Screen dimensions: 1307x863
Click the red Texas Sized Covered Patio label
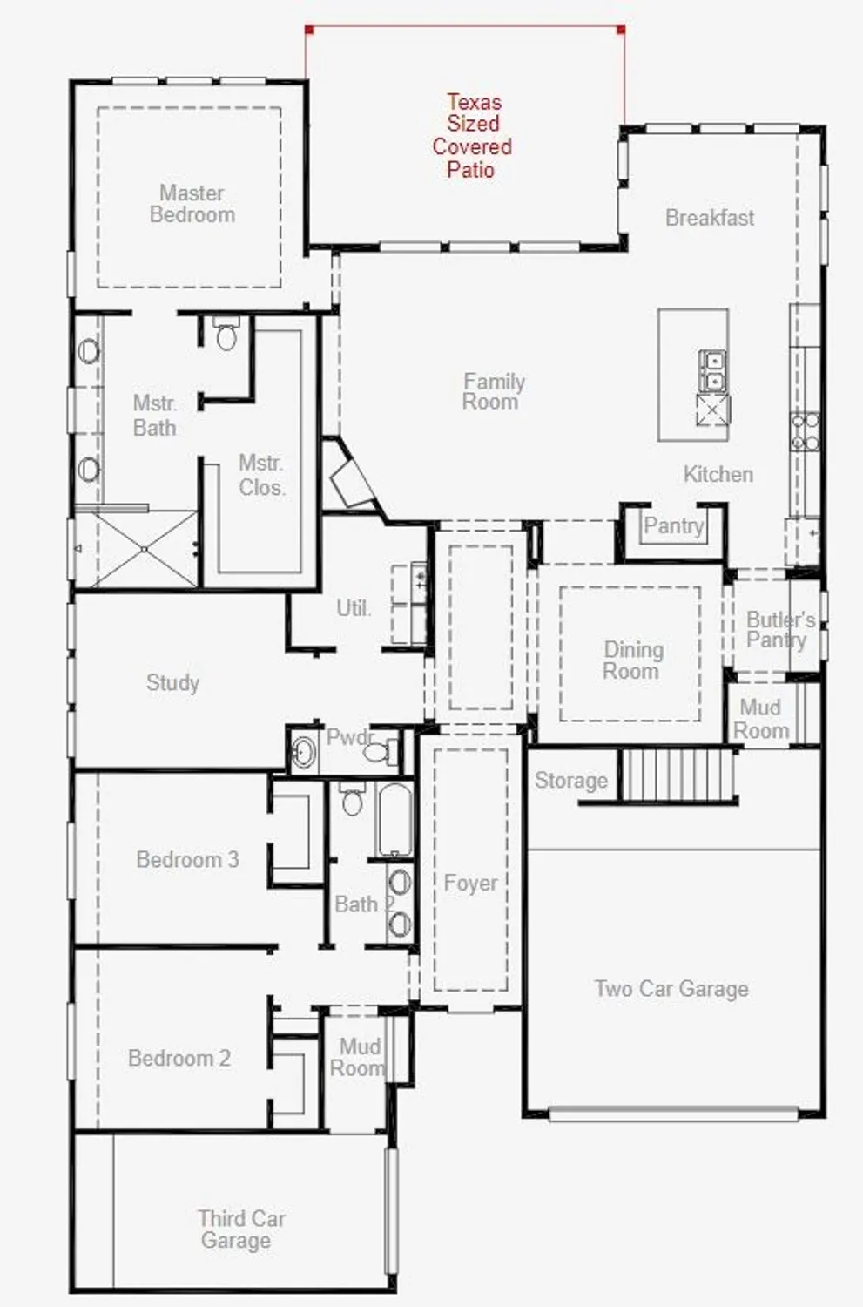[x=472, y=136]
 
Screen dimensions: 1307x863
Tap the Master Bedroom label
[x=192, y=204]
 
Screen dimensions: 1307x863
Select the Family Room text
[x=493, y=391]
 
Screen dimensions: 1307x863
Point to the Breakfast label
[x=710, y=218]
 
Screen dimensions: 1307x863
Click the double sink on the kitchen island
[x=712, y=370]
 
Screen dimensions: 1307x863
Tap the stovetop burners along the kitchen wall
[x=805, y=431]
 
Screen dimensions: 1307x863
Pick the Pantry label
[x=672, y=525]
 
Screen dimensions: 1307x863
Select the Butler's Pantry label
[x=779, y=629]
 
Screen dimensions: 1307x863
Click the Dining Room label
[x=632, y=660]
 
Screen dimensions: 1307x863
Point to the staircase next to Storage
[x=677, y=775]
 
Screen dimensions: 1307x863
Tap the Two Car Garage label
[x=671, y=988]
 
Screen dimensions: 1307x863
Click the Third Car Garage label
[x=239, y=1229]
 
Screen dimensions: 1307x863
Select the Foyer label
[x=470, y=883]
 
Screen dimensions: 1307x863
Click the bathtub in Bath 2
[x=394, y=820]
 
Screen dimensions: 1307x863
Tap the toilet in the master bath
[x=226, y=335]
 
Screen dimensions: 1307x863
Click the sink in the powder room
[x=303, y=751]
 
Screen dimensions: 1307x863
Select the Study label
[x=172, y=682]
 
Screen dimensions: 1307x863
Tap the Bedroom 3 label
[x=187, y=859]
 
